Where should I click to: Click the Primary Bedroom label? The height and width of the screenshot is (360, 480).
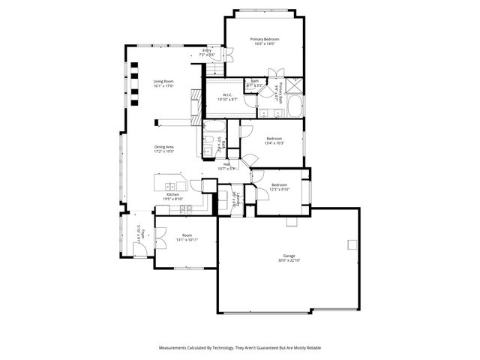click(265, 39)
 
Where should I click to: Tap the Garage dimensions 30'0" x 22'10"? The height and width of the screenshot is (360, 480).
click(288, 260)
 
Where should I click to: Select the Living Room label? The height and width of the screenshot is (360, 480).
click(163, 81)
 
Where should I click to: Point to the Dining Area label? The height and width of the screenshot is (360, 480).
click(164, 147)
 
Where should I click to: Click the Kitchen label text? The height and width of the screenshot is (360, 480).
click(173, 194)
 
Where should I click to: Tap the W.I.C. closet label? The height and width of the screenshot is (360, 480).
click(226, 94)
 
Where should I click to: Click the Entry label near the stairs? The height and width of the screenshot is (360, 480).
click(206, 51)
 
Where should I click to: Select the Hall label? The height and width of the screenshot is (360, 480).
click(226, 164)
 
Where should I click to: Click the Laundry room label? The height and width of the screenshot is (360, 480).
click(236, 202)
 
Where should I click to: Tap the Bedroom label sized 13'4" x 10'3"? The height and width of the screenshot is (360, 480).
click(274, 139)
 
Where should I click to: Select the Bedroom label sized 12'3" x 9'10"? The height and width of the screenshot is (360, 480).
click(279, 185)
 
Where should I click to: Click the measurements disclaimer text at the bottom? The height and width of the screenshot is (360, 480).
click(240, 348)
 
